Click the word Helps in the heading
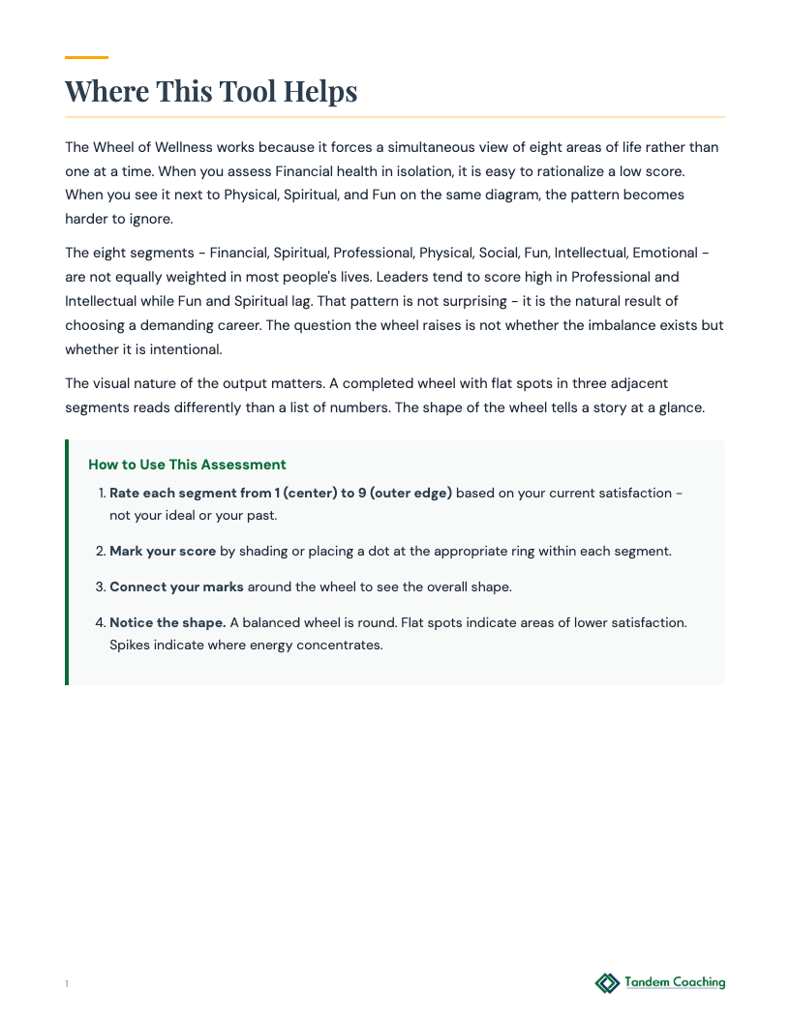(319, 92)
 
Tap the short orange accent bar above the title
(86, 58)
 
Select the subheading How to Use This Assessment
(187, 466)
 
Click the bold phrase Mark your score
(163, 551)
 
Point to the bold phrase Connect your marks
(176, 586)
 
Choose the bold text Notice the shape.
(167, 622)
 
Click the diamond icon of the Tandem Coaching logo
(607, 983)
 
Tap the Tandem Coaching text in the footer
(675, 982)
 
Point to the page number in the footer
(67, 984)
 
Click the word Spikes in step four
(131, 645)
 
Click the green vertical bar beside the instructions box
(67, 562)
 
